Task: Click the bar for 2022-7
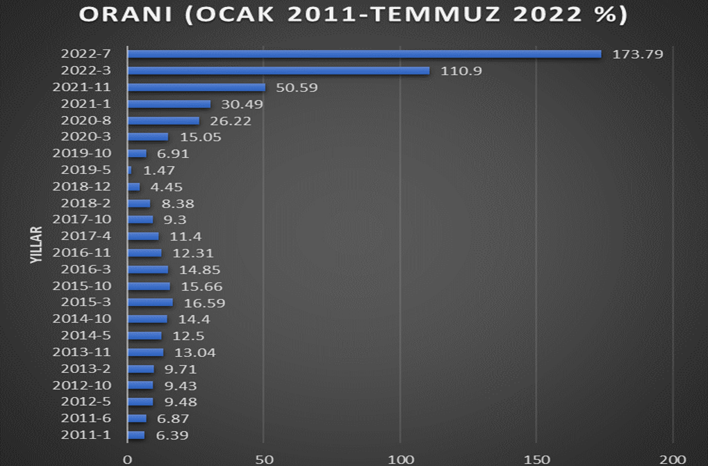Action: point(364,54)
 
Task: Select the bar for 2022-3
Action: point(278,71)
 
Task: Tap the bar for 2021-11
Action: point(197,88)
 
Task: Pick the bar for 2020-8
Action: point(163,121)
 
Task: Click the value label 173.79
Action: point(638,54)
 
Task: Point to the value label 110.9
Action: point(461,71)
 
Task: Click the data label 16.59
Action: point(204,303)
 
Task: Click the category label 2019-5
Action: point(86,170)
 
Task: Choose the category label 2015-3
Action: point(86,303)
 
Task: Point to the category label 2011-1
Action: point(86,435)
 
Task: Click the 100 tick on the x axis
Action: point(400,459)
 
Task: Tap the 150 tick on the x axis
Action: point(536,459)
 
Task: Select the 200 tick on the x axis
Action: point(673,459)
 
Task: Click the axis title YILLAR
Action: point(37,244)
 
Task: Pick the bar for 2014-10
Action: point(147,319)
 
